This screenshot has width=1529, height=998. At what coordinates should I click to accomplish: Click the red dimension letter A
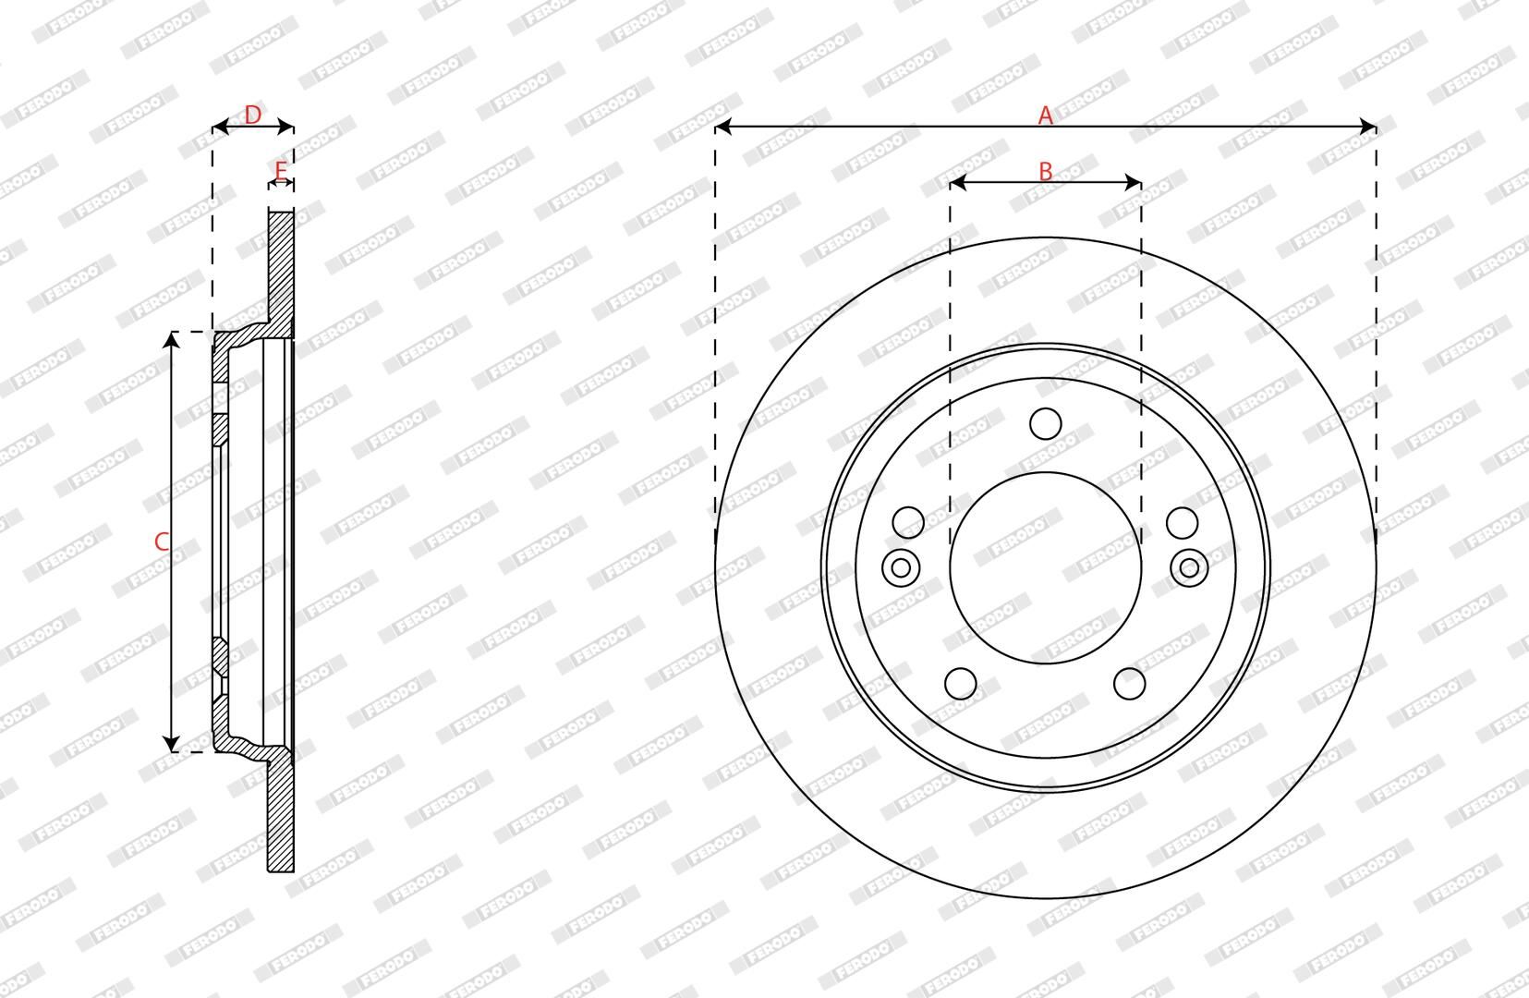click(x=1045, y=116)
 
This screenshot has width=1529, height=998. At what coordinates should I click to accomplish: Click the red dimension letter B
click(x=1045, y=171)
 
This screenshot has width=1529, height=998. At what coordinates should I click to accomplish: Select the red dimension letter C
click(x=162, y=542)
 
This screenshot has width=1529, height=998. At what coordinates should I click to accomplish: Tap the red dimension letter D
click(x=252, y=115)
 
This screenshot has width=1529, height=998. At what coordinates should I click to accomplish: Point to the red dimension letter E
click(x=281, y=171)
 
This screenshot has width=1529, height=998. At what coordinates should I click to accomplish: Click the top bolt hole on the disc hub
click(x=1045, y=424)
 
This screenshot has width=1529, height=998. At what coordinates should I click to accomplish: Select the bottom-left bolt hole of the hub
click(x=961, y=683)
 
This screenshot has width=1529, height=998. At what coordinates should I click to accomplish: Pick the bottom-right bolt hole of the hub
click(x=1130, y=683)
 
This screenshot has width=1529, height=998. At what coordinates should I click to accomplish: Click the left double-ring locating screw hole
click(x=901, y=567)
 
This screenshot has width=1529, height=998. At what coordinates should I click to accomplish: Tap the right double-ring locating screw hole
click(x=1189, y=567)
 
